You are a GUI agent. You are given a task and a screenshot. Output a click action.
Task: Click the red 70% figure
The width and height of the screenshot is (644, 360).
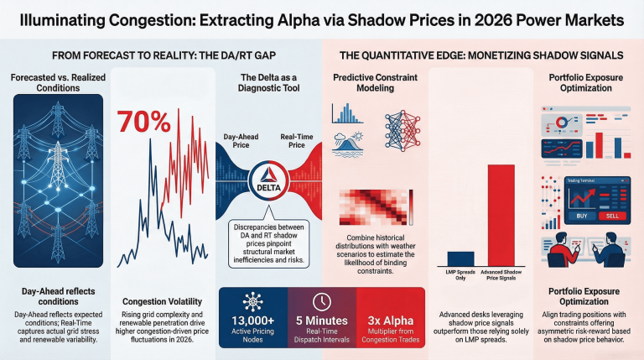143,122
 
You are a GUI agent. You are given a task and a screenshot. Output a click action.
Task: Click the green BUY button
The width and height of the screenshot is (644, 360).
583,216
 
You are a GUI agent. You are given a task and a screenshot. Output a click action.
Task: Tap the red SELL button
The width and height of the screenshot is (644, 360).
612,216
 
